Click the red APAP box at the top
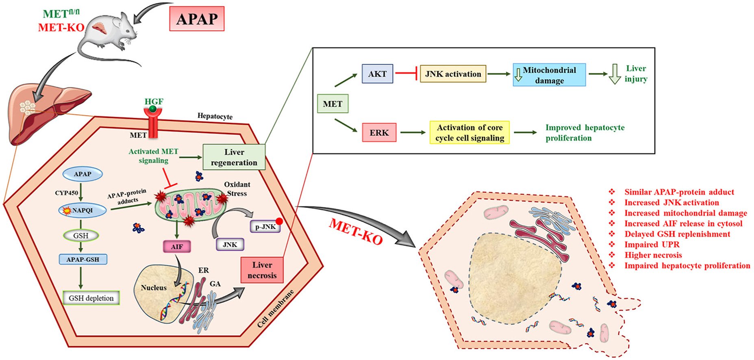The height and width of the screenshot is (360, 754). pyautogui.click(x=197, y=19)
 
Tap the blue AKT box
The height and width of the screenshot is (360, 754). pyautogui.click(x=377, y=74)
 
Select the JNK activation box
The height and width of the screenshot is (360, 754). pyautogui.click(x=453, y=74)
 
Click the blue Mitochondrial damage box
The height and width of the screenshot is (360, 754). pyautogui.click(x=549, y=75)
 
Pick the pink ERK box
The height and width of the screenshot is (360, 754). pyautogui.click(x=379, y=132)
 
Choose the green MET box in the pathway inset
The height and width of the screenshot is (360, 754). pyautogui.click(x=332, y=104)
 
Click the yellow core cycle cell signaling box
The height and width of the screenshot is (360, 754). pyautogui.click(x=469, y=132)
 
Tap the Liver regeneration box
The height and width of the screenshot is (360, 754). pyautogui.click(x=234, y=157)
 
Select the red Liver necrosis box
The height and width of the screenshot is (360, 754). pyautogui.click(x=262, y=270)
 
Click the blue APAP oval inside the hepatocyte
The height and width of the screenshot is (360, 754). pyautogui.click(x=82, y=174)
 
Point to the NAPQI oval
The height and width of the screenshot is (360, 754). pyautogui.click(x=83, y=210)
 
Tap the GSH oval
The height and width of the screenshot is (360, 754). pyautogui.click(x=81, y=236)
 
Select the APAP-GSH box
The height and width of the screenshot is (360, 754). pyautogui.click(x=83, y=259)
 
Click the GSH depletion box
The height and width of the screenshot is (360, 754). pyautogui.click(x=91, y=298)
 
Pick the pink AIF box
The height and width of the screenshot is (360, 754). pyautogui.click(x=177, y=247)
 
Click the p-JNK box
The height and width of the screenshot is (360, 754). pyautogui.click(x=265, y=227)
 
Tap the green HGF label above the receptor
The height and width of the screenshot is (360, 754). pyautogui.click(x=154, y=102)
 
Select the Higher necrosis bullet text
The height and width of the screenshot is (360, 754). pyautogui.click(x=653, y=255)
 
